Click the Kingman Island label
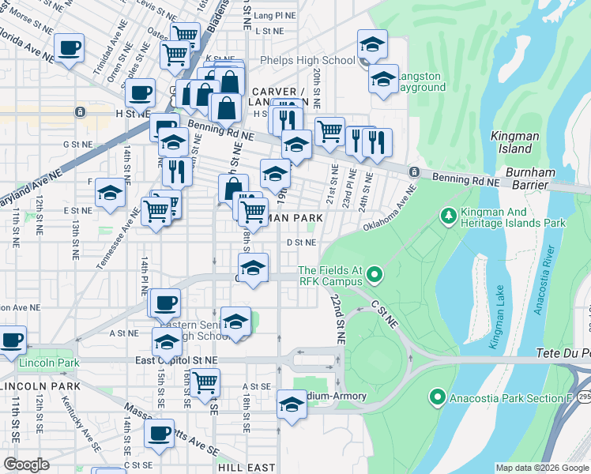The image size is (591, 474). coord(514,142)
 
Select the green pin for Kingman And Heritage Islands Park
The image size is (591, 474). coord(448,215)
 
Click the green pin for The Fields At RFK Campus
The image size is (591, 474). coord(375,276)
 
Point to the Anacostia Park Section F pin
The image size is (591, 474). coord(437,397)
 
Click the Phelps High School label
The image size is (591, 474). coord(317,61)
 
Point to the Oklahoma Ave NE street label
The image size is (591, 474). coord(390,210)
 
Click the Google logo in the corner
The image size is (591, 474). coord(25,465)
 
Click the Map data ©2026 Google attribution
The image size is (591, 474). coord(542,468)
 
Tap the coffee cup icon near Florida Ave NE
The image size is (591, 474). coord(70,47)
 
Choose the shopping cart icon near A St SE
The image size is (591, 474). coord(205,382)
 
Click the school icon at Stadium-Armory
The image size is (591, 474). coord(292,405)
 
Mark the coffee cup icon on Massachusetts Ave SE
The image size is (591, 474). coord(159,433)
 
